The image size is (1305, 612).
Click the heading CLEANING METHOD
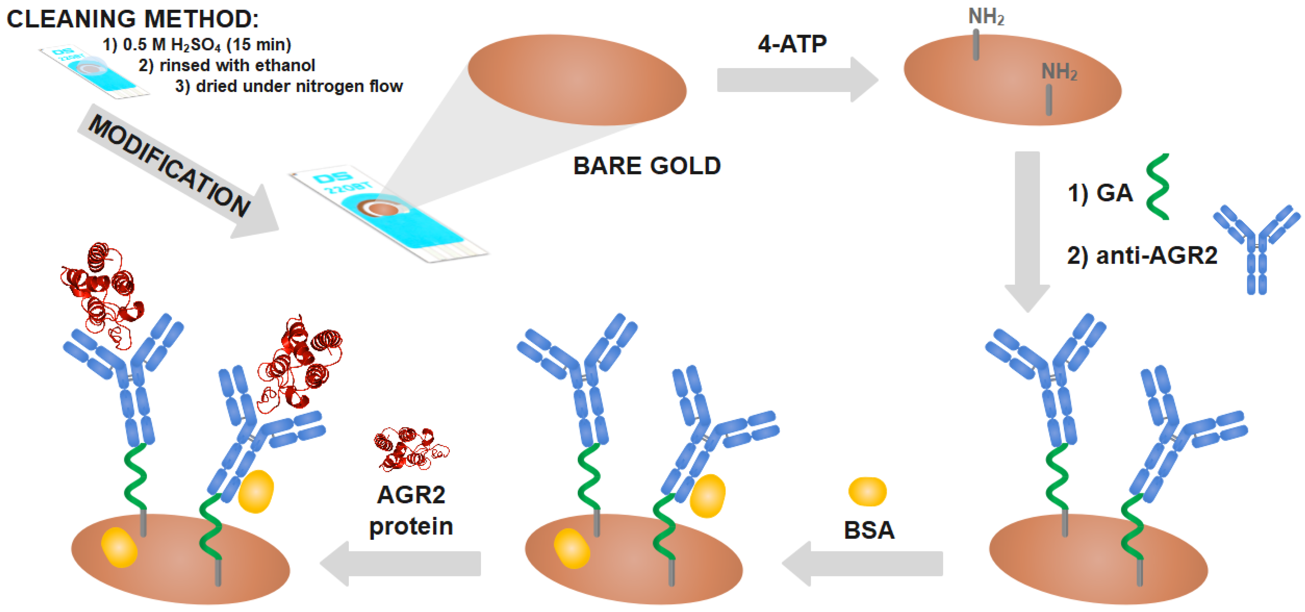133,19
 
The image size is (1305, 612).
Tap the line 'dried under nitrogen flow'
289,86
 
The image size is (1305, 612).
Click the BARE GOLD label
647,166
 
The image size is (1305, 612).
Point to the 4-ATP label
792,44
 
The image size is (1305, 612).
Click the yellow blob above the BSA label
867,491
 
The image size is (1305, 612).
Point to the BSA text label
869,530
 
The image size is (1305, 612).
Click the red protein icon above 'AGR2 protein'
410,448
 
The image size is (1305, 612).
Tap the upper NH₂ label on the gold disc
986,17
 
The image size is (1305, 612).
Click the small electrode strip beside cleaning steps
94,71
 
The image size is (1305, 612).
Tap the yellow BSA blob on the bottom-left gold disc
119,547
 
